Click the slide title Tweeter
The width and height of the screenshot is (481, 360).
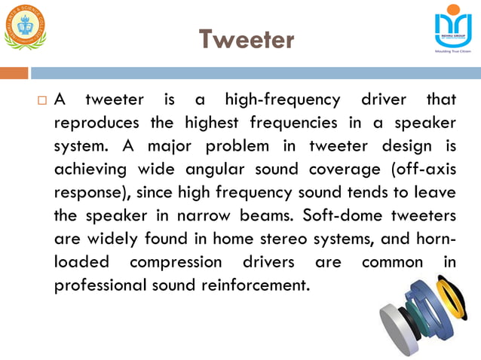(x=246, y=39)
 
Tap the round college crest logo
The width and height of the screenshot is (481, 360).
(x=24, y=26)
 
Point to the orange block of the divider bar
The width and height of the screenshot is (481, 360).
(x=14, y=73)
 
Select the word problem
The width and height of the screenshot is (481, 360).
(x=224, y=145)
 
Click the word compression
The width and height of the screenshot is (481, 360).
(x=176, y=262)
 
